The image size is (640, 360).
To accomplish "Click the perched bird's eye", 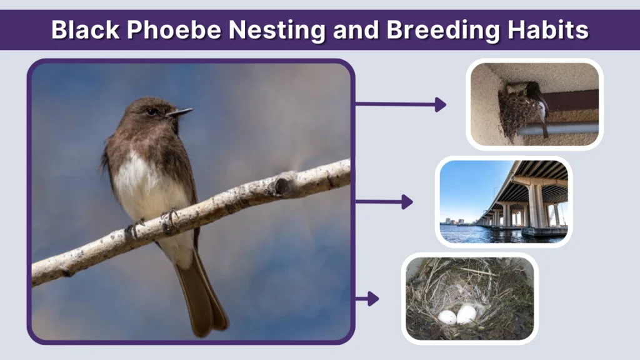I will (152, 111).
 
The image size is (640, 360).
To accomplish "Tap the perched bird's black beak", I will (179, 113).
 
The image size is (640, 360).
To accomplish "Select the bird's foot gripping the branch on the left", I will (134, 228).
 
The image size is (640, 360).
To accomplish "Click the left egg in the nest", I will (447, 317).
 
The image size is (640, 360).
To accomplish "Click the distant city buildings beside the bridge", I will (454, 221).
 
